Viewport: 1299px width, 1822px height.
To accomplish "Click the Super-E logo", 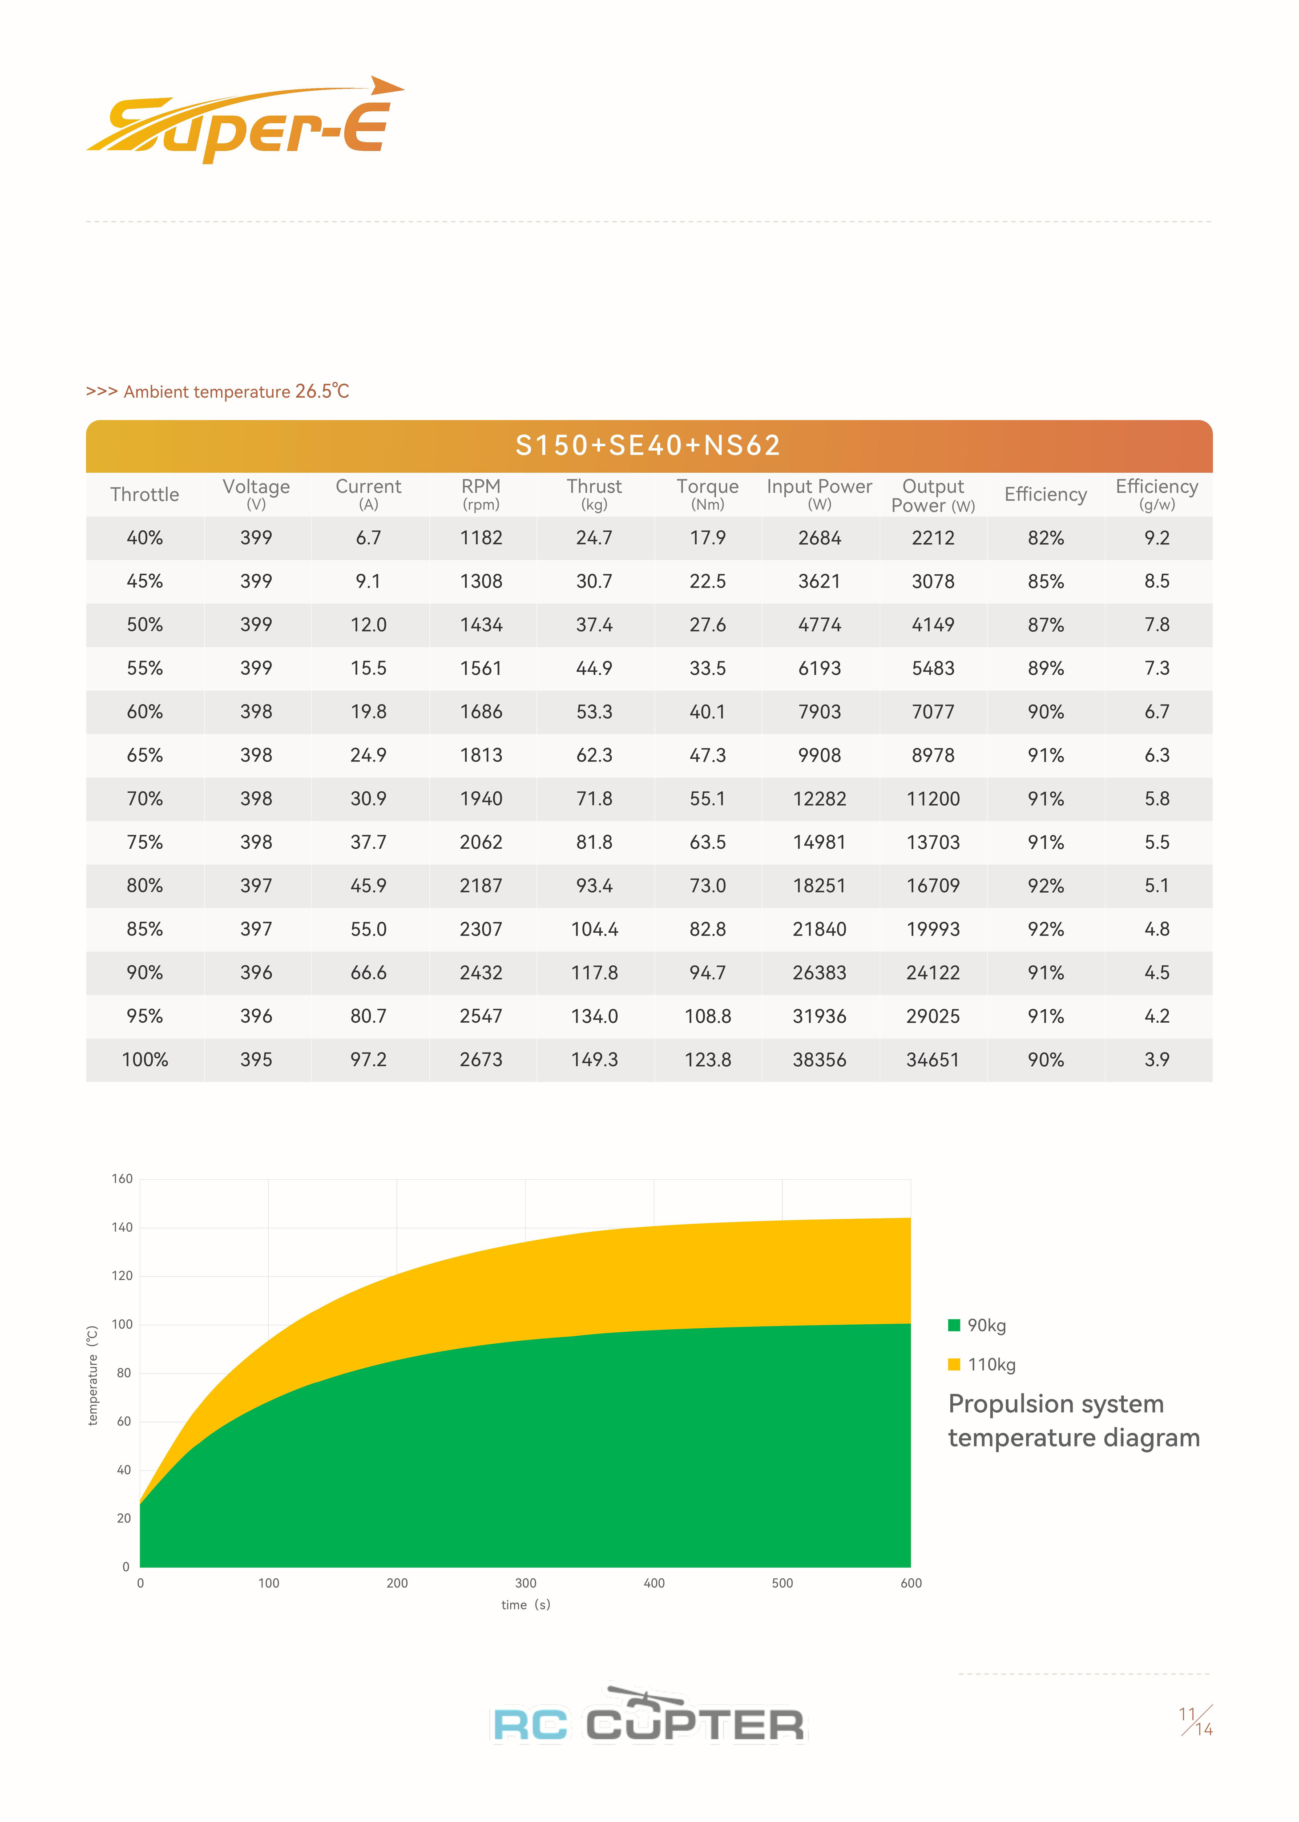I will coord(244,121).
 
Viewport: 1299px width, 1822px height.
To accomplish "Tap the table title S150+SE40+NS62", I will coord(648,446).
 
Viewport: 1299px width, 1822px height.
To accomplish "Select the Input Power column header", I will coord(819,493).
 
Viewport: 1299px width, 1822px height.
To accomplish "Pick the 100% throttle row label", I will coord(145,1060).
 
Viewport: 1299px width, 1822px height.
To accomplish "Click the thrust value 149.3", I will coord(594,1060).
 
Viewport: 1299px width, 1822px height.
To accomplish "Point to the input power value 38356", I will coord(819,1060).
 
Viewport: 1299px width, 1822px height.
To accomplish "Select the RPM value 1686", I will coord(481,712).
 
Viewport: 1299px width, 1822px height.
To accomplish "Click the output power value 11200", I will coord(933,799).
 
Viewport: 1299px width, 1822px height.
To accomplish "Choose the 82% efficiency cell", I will coord(1045,538).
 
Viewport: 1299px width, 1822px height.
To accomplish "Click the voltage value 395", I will coord(256,1060).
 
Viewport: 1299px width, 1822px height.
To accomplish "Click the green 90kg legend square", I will coord(953,1325).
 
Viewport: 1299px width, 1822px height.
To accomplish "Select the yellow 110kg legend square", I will coord(953,1365).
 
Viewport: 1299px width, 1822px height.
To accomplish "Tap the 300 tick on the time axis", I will coord(525,1583).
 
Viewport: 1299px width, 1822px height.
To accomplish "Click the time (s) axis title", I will coord(525,1604).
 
